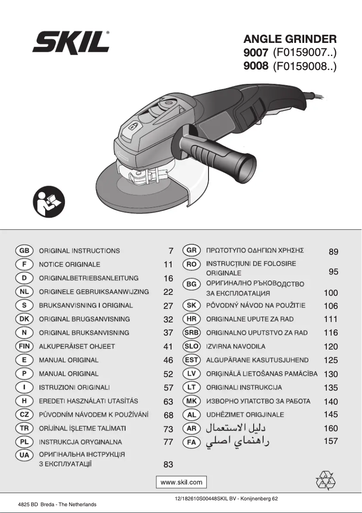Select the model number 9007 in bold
(256, 53)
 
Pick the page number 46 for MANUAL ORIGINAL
(168, 360)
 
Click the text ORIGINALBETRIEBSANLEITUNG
(89, 278)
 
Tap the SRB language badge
(191, 333)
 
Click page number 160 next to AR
(331, 428)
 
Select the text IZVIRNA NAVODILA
(236, 346)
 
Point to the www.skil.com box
(181, 482)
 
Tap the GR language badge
(191, 251)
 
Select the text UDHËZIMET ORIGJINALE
(245, 415)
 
